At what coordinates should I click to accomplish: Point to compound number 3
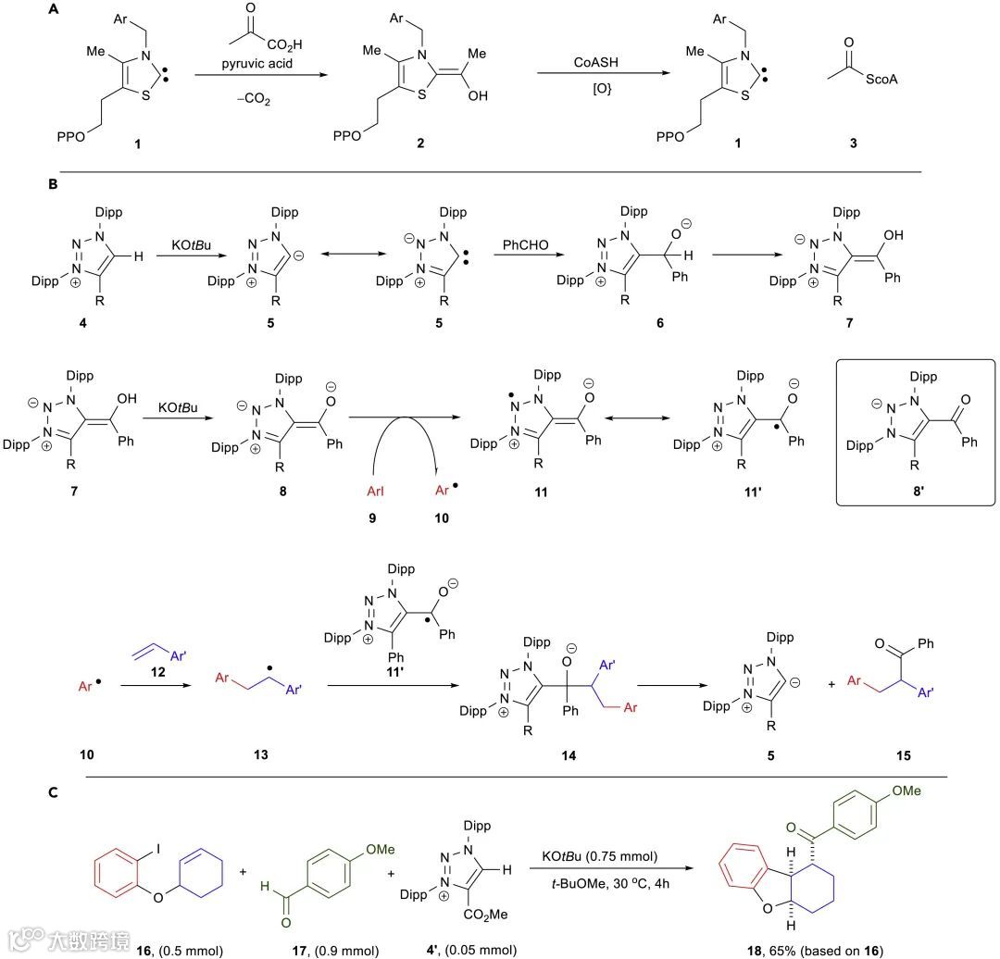[853, 144]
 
